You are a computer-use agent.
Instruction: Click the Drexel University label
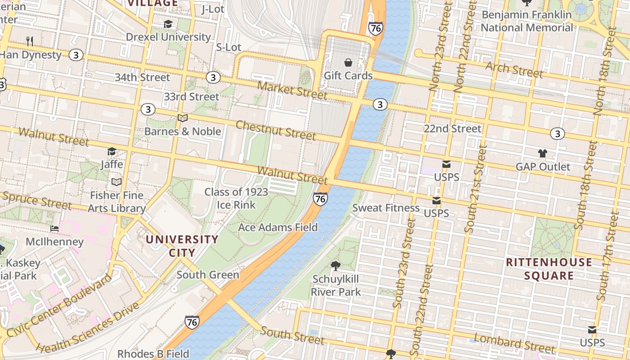[x=168, y=37]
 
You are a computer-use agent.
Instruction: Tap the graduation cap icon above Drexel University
[x=168, y=24]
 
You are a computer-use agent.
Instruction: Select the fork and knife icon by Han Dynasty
[x=30, y=41]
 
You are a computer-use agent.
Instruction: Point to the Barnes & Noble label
[x=182, y=131]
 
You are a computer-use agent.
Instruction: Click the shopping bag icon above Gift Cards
[x=348, y=62]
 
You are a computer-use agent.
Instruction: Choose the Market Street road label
[x=292, y=90]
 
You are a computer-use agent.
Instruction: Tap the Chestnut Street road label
[x=275, y=130]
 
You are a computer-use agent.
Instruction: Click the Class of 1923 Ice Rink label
[x=236, y=198]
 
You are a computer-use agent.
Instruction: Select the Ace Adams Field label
[x=278, y=227]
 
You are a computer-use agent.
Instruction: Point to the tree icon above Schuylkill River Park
[x=336, y=265]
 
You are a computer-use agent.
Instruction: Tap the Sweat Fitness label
[x=386, y=207]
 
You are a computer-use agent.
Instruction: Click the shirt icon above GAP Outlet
[x=542, y=153]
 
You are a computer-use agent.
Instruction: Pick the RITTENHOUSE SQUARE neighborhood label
[x=549, y=269]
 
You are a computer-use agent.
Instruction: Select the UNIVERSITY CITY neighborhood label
[x=182, y=246]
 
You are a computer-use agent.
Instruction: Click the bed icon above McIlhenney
[x=54, y=229]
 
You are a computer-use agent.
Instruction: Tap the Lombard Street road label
[x=515, y=343]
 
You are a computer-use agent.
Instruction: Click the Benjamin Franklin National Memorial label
[x=526, y=21]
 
